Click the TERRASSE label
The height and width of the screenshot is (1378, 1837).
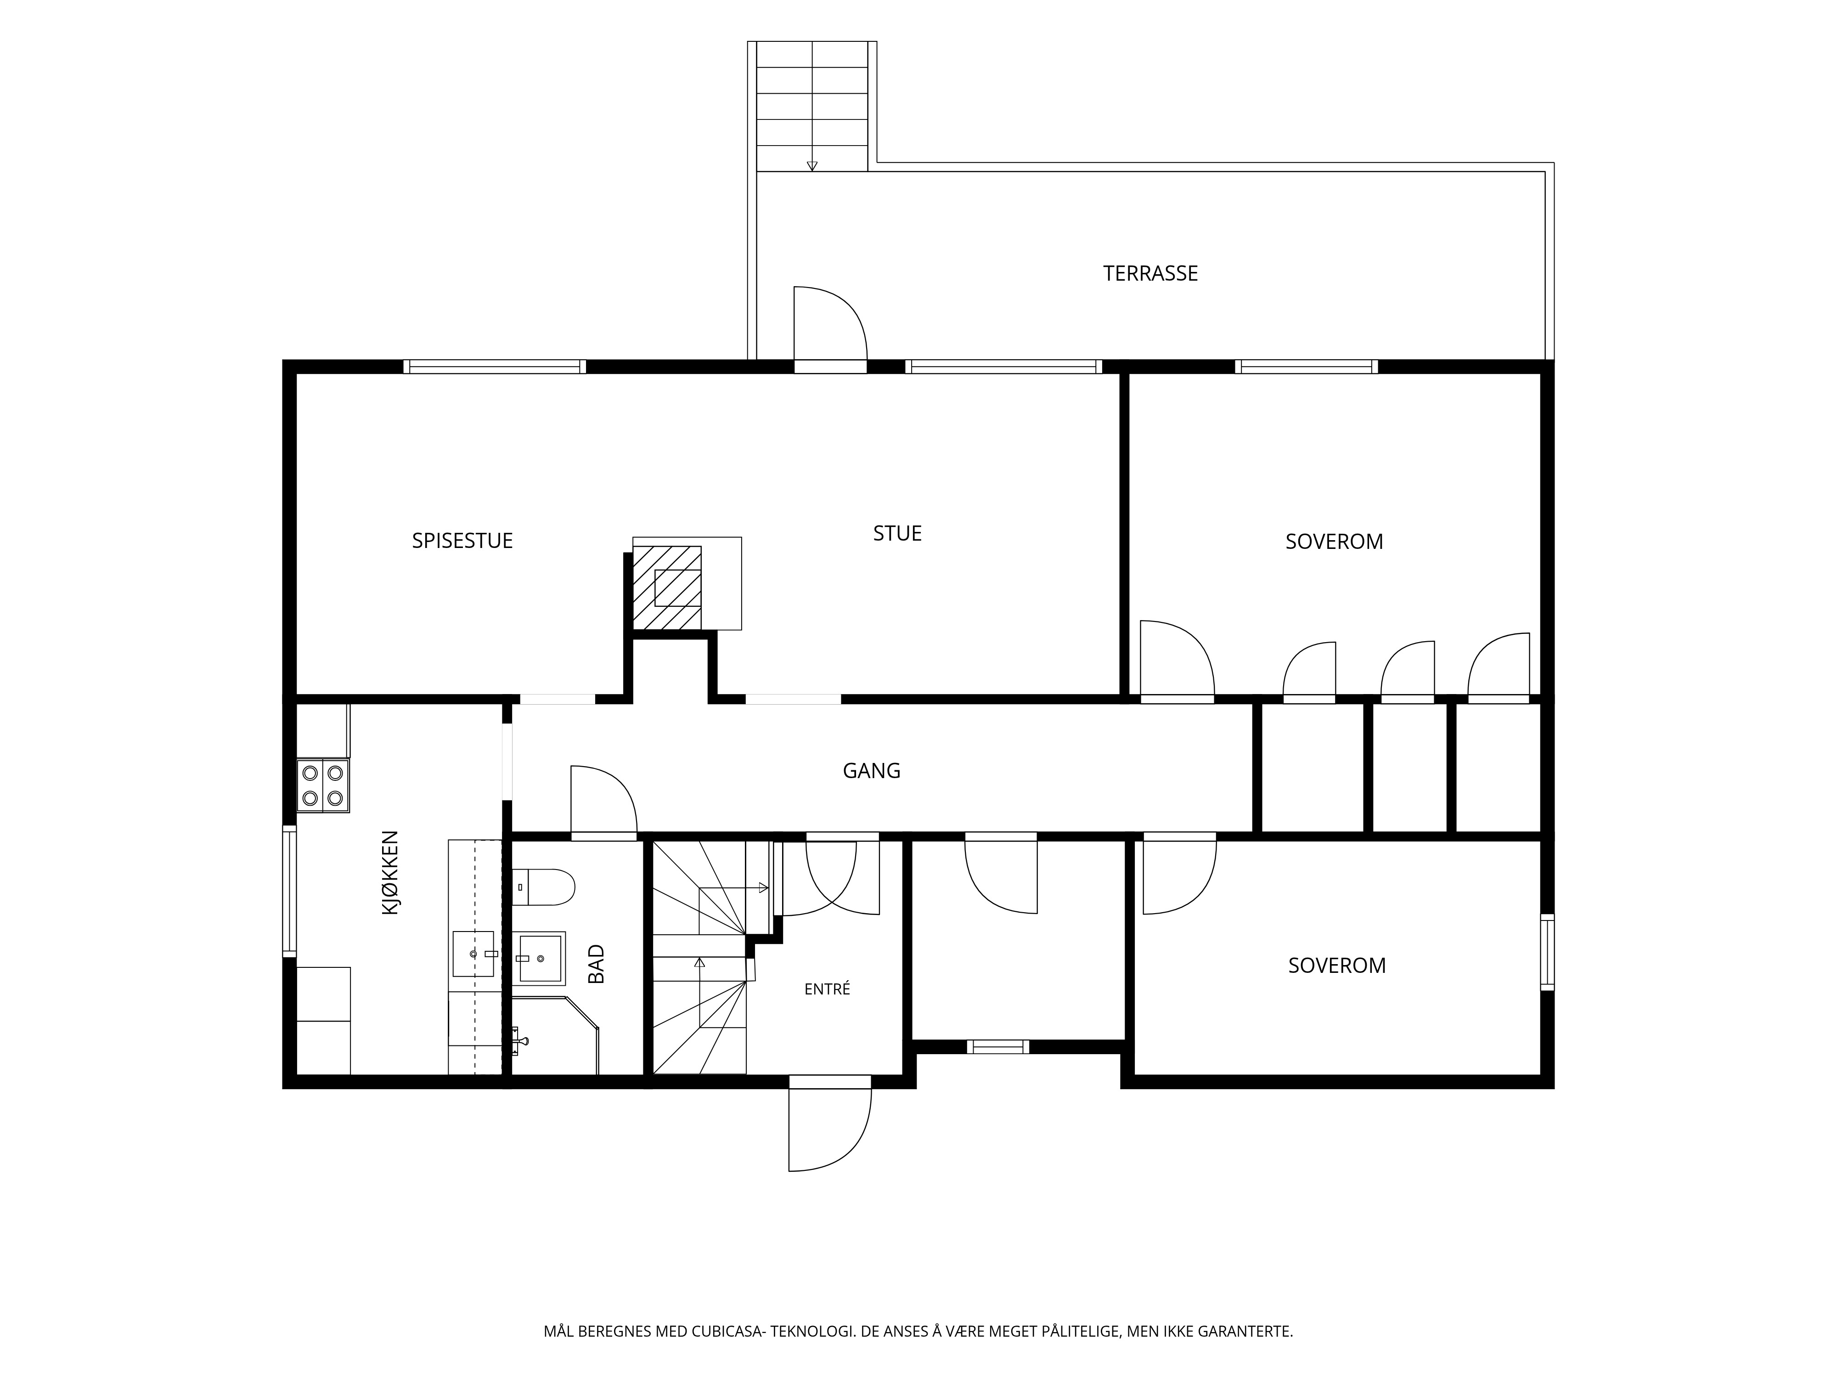[x=1150, y=273]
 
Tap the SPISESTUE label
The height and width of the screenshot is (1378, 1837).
[x=462, y=541]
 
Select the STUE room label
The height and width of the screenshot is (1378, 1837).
[x=897, y=533]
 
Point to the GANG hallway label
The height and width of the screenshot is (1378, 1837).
[x=871, y=771]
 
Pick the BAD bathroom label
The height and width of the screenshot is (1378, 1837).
[x=596, y=964]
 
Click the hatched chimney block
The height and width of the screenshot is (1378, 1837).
[x=667, y=587]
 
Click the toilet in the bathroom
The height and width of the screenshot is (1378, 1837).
[x=543, y=887]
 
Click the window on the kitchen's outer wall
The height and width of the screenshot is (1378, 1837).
[x=289, y=891]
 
